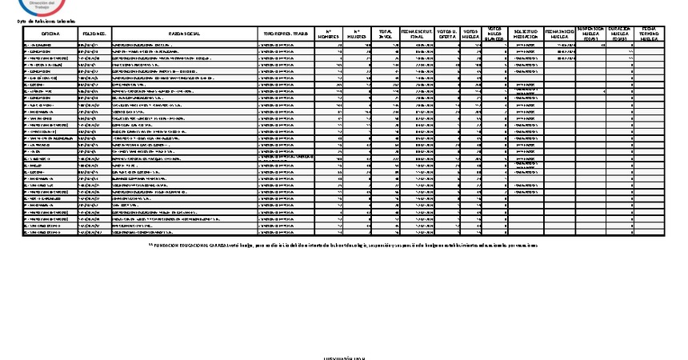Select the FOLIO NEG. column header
(x=94, y=34)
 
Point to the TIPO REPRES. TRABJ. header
(x=286, y=34)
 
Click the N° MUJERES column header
(x=358, y=34)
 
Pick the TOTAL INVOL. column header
(x=386, y=34)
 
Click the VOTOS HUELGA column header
(x=471, y=34)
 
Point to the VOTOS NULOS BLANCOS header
(x=495, y=34)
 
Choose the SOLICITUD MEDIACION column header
(x=525, y=34)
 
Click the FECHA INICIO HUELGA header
(x=558, y=34)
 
